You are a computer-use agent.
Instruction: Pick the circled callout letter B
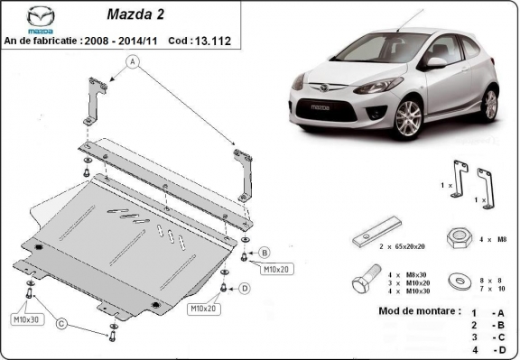265,253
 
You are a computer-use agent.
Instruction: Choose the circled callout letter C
60,323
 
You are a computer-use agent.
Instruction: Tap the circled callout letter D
245,289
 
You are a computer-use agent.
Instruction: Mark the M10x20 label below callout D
204,309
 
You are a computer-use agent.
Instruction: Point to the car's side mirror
436,62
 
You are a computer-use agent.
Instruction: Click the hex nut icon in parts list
460,238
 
